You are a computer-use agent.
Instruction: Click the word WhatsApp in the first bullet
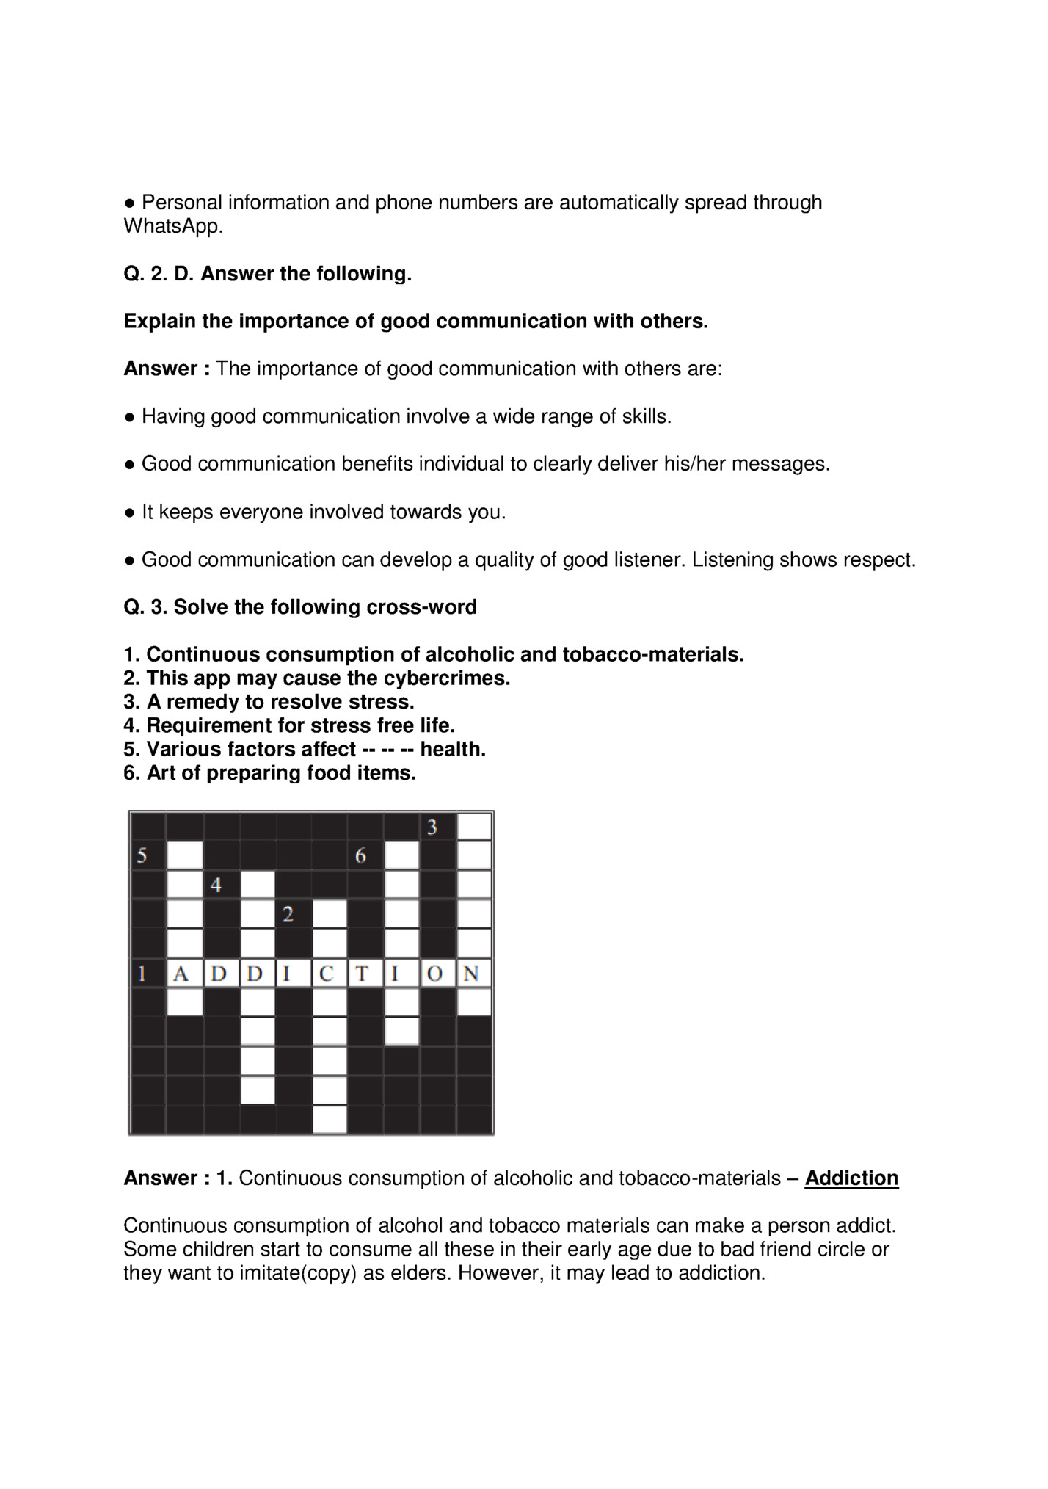pos(172,226)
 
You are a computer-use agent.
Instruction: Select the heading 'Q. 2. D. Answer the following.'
pos(267,274)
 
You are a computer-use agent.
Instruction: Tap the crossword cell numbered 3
pos(438,827)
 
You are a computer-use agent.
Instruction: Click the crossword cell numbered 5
pos(148,855)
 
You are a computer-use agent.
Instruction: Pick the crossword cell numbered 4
pos(221,885)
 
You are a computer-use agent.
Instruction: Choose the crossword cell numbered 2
pos(293,914)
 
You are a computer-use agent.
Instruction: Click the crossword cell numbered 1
pos(148,974)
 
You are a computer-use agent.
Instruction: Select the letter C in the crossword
pos(329,974)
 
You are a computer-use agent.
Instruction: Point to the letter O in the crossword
pos(438,974)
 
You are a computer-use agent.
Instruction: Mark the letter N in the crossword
pos(474,974)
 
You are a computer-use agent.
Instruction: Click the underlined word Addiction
pos(851,1178)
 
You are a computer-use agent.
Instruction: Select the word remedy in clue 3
pos(200,702)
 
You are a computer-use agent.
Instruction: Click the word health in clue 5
pos(453,750)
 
